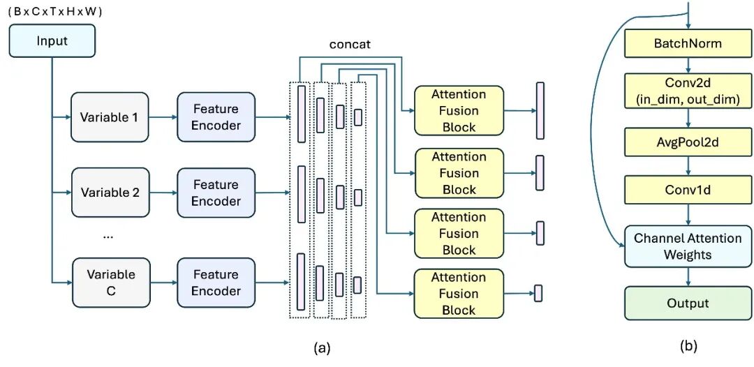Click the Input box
52,40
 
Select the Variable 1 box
110,117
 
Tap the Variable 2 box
110,193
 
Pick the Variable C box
110,282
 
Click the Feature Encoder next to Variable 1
216,117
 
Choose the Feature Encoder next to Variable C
216,282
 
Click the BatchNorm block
688,44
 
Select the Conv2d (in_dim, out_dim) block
688,91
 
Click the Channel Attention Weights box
688,246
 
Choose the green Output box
688,304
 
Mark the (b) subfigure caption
688,345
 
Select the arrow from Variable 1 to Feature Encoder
163,117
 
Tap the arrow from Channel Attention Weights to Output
688,276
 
